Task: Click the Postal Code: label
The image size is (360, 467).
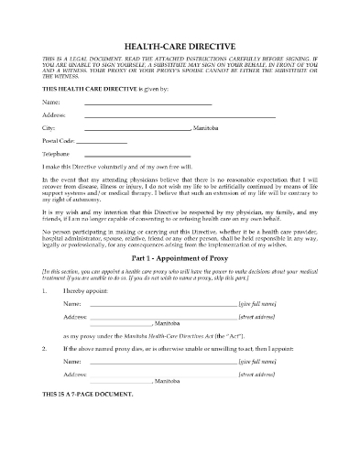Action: (57, 142)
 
